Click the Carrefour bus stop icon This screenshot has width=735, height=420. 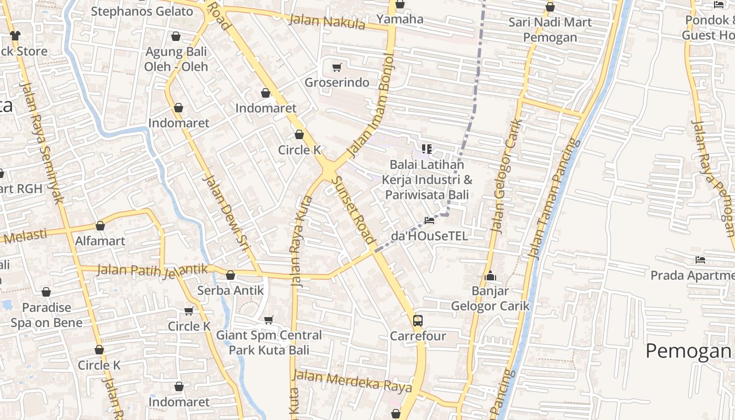point(418,320)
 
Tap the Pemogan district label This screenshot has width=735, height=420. point(688,351)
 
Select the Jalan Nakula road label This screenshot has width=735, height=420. point(327,22)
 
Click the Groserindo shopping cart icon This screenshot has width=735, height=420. point(337,67)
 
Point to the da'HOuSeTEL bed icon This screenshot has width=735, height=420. point(429,220)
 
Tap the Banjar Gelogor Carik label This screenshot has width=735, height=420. point(490,298)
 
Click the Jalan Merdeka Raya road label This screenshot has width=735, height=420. point(352,381)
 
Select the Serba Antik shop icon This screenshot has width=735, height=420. point(230,275)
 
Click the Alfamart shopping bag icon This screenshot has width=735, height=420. point(100,226)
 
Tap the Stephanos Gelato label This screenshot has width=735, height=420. point(142,11)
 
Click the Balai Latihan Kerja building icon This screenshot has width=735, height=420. point(426,149)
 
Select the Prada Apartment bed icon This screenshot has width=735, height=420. point(700,259)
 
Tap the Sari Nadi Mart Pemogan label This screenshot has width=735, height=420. point(550,29)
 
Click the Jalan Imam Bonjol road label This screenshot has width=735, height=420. point(371,105)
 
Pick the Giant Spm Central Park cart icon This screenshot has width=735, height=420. point(269,320)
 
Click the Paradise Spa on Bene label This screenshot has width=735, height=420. point(46,315)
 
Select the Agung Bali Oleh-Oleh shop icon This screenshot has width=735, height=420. point(176,36)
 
